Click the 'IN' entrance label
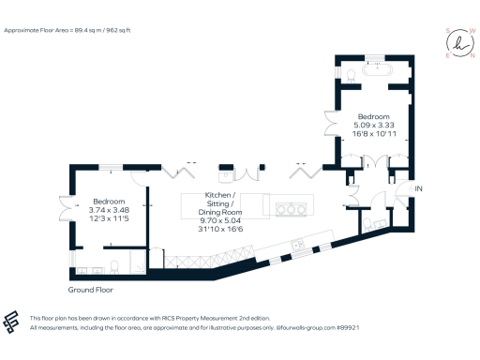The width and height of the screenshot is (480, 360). click(419, 189)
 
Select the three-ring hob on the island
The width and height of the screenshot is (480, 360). click(292, 206)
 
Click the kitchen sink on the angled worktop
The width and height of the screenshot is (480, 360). click(297, 246)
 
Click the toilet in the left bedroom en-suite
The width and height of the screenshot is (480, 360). click(113, 262)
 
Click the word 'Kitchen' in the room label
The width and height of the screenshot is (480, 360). click(219, 194)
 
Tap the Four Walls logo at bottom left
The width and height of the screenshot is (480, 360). click(12, 322)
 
